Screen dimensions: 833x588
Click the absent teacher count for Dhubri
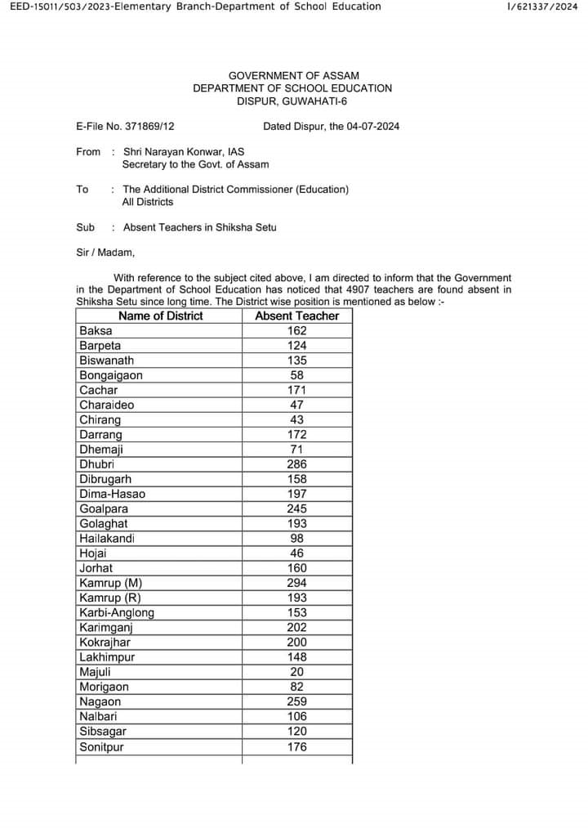[x=297, y=464]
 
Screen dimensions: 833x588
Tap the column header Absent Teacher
[x=297, y=316]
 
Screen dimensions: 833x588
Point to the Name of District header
[x=160, y=316]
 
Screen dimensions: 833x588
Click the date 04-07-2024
[x=372, y=127]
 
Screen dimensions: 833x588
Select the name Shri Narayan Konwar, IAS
[x=184, y=152]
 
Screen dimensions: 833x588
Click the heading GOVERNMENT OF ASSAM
[x=293, y=76]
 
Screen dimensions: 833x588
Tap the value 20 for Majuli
[x=297, y=672]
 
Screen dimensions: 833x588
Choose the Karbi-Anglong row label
[x=117, y=612]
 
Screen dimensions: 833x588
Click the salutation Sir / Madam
[x=105, y=253]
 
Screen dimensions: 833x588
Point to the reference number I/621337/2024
[x=542, y=7]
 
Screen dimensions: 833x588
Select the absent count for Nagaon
[x=297, y=701]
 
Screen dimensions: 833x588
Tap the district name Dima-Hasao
[x=113, y=494]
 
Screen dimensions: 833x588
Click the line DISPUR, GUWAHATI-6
[x=293, y=101]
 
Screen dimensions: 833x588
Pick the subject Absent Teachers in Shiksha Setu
[x=200, y=227]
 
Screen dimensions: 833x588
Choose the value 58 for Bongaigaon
[x=297, y=375]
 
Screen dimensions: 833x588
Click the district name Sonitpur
[x=102, y=746]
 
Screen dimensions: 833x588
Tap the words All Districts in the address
[x=148, y=202]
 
